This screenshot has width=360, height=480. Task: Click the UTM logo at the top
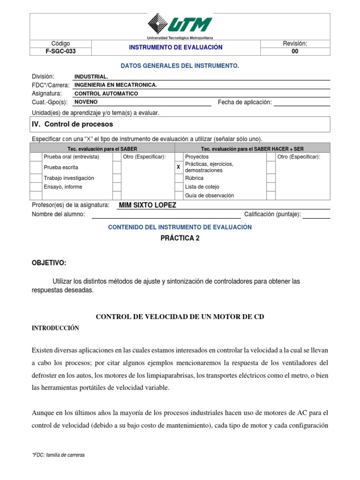point(180,24)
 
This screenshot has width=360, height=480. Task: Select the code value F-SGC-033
point(60,52)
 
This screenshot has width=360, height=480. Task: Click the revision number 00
point(294,52)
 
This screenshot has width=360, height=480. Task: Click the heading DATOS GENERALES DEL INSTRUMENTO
point(180,66)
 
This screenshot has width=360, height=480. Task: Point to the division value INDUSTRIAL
point(91,76)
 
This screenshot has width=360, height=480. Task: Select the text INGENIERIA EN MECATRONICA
point(116,85)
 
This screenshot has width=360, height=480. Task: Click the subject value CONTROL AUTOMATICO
point(106,93)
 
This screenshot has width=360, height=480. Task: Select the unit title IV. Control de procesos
point(72,124)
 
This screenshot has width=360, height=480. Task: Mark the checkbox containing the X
point(178,167)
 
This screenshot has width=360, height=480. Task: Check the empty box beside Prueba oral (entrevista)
point(36,157)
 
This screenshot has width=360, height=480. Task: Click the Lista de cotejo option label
point(202,187)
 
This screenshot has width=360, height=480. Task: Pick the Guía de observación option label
point(209,195)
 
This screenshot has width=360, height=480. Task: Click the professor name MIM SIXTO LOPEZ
point(148,205)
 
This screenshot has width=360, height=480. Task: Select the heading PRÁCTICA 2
point(180,238)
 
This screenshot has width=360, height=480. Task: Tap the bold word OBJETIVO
point(49,261)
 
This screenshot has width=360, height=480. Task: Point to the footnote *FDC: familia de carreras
point(59,455)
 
